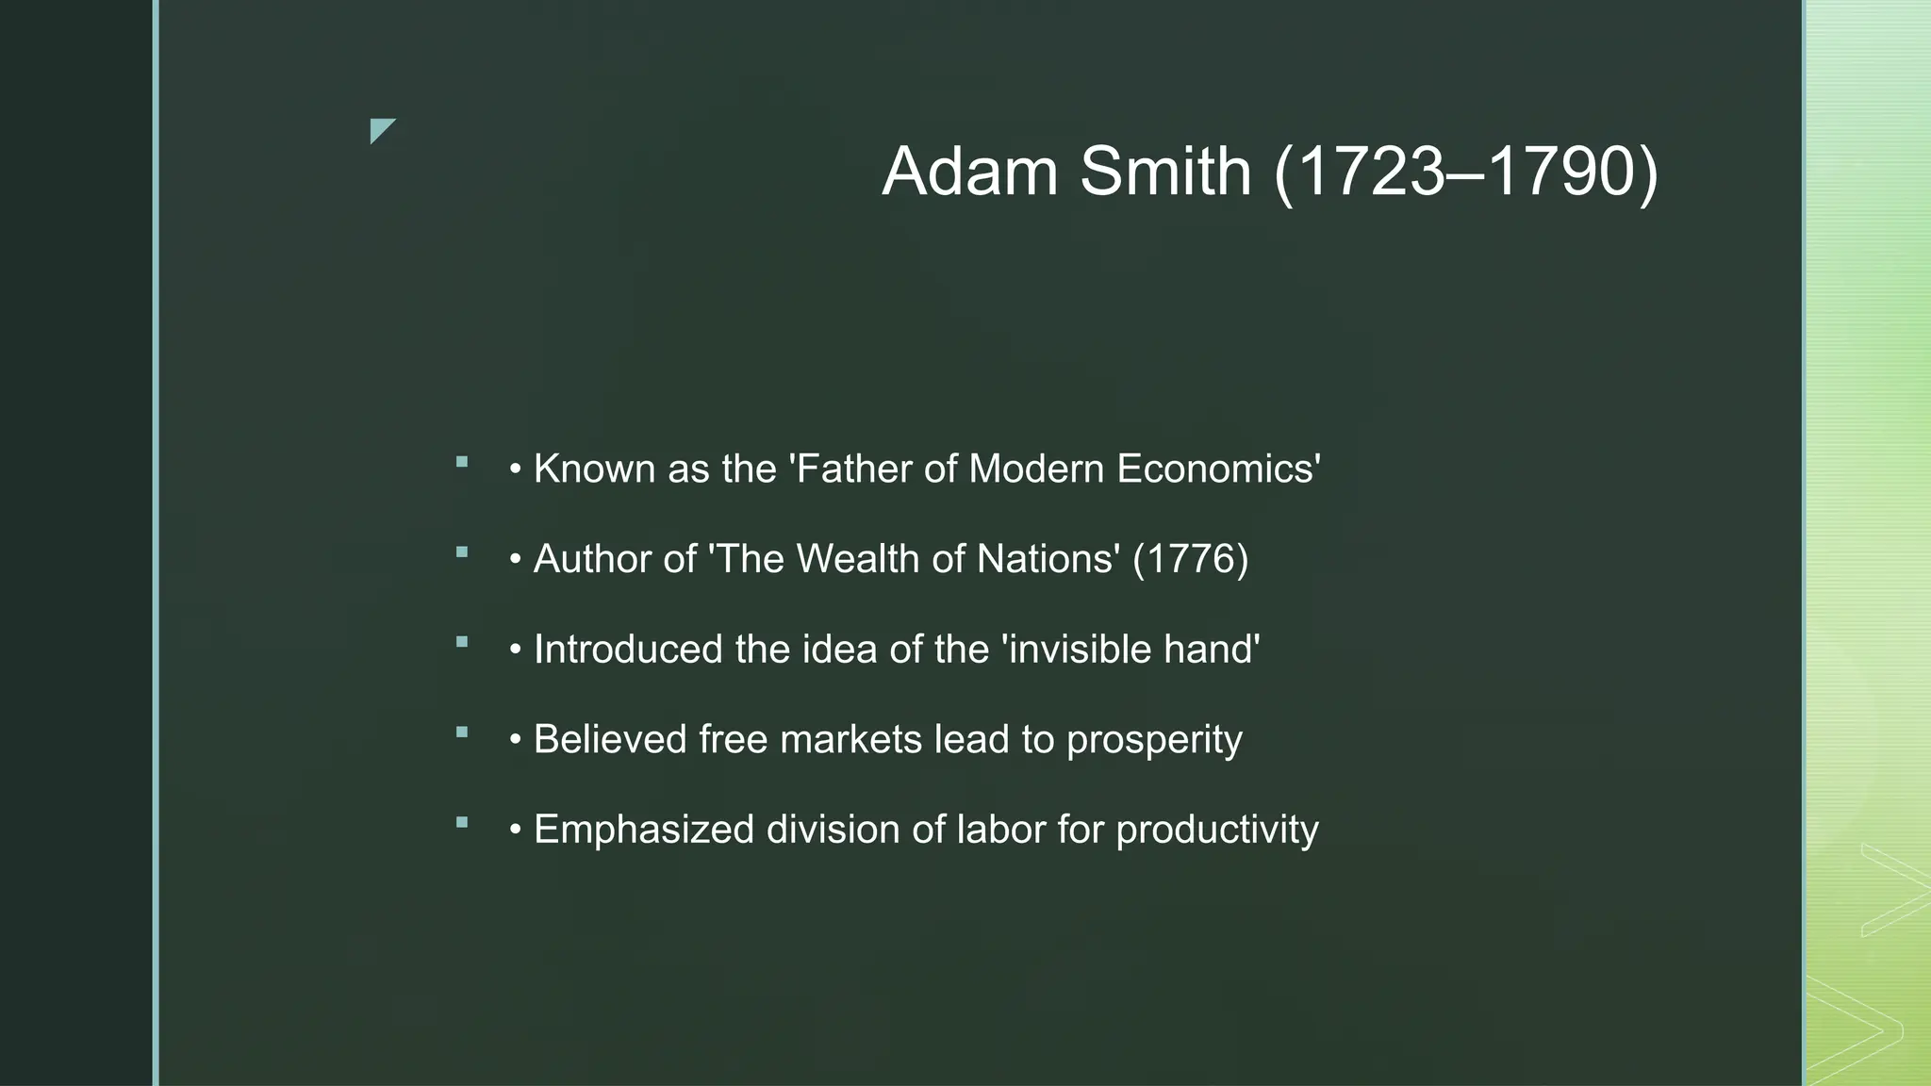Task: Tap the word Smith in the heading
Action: [x=1164, y=172]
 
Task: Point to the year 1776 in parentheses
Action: [x=1190, y=559]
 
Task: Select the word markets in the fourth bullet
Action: [x=851, y=739]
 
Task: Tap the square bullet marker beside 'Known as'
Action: [x=461, y=462]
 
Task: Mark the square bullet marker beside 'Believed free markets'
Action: [x=461, y=732]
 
